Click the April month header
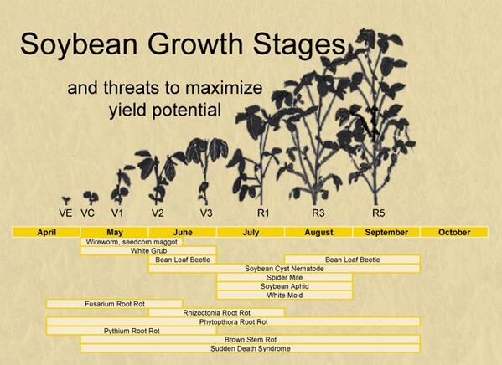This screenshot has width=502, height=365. pos(46,232)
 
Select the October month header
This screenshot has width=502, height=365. pos(453,232)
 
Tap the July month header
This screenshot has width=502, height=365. pos(251,232)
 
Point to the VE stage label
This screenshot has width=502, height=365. pos(65,213)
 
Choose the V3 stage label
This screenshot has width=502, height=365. pos(206,213)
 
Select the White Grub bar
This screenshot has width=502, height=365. pos(148,250)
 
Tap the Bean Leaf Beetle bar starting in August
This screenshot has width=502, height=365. pos(352,260)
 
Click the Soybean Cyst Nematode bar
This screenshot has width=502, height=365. pos(284,269)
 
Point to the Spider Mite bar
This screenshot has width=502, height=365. pos(284,277)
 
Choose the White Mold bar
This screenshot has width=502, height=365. pos(284,295)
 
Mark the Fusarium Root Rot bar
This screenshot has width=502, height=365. pos(114,304)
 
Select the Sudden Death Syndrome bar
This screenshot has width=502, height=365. pos(250,347)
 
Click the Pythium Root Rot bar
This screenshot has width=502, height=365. pos(131,331)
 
